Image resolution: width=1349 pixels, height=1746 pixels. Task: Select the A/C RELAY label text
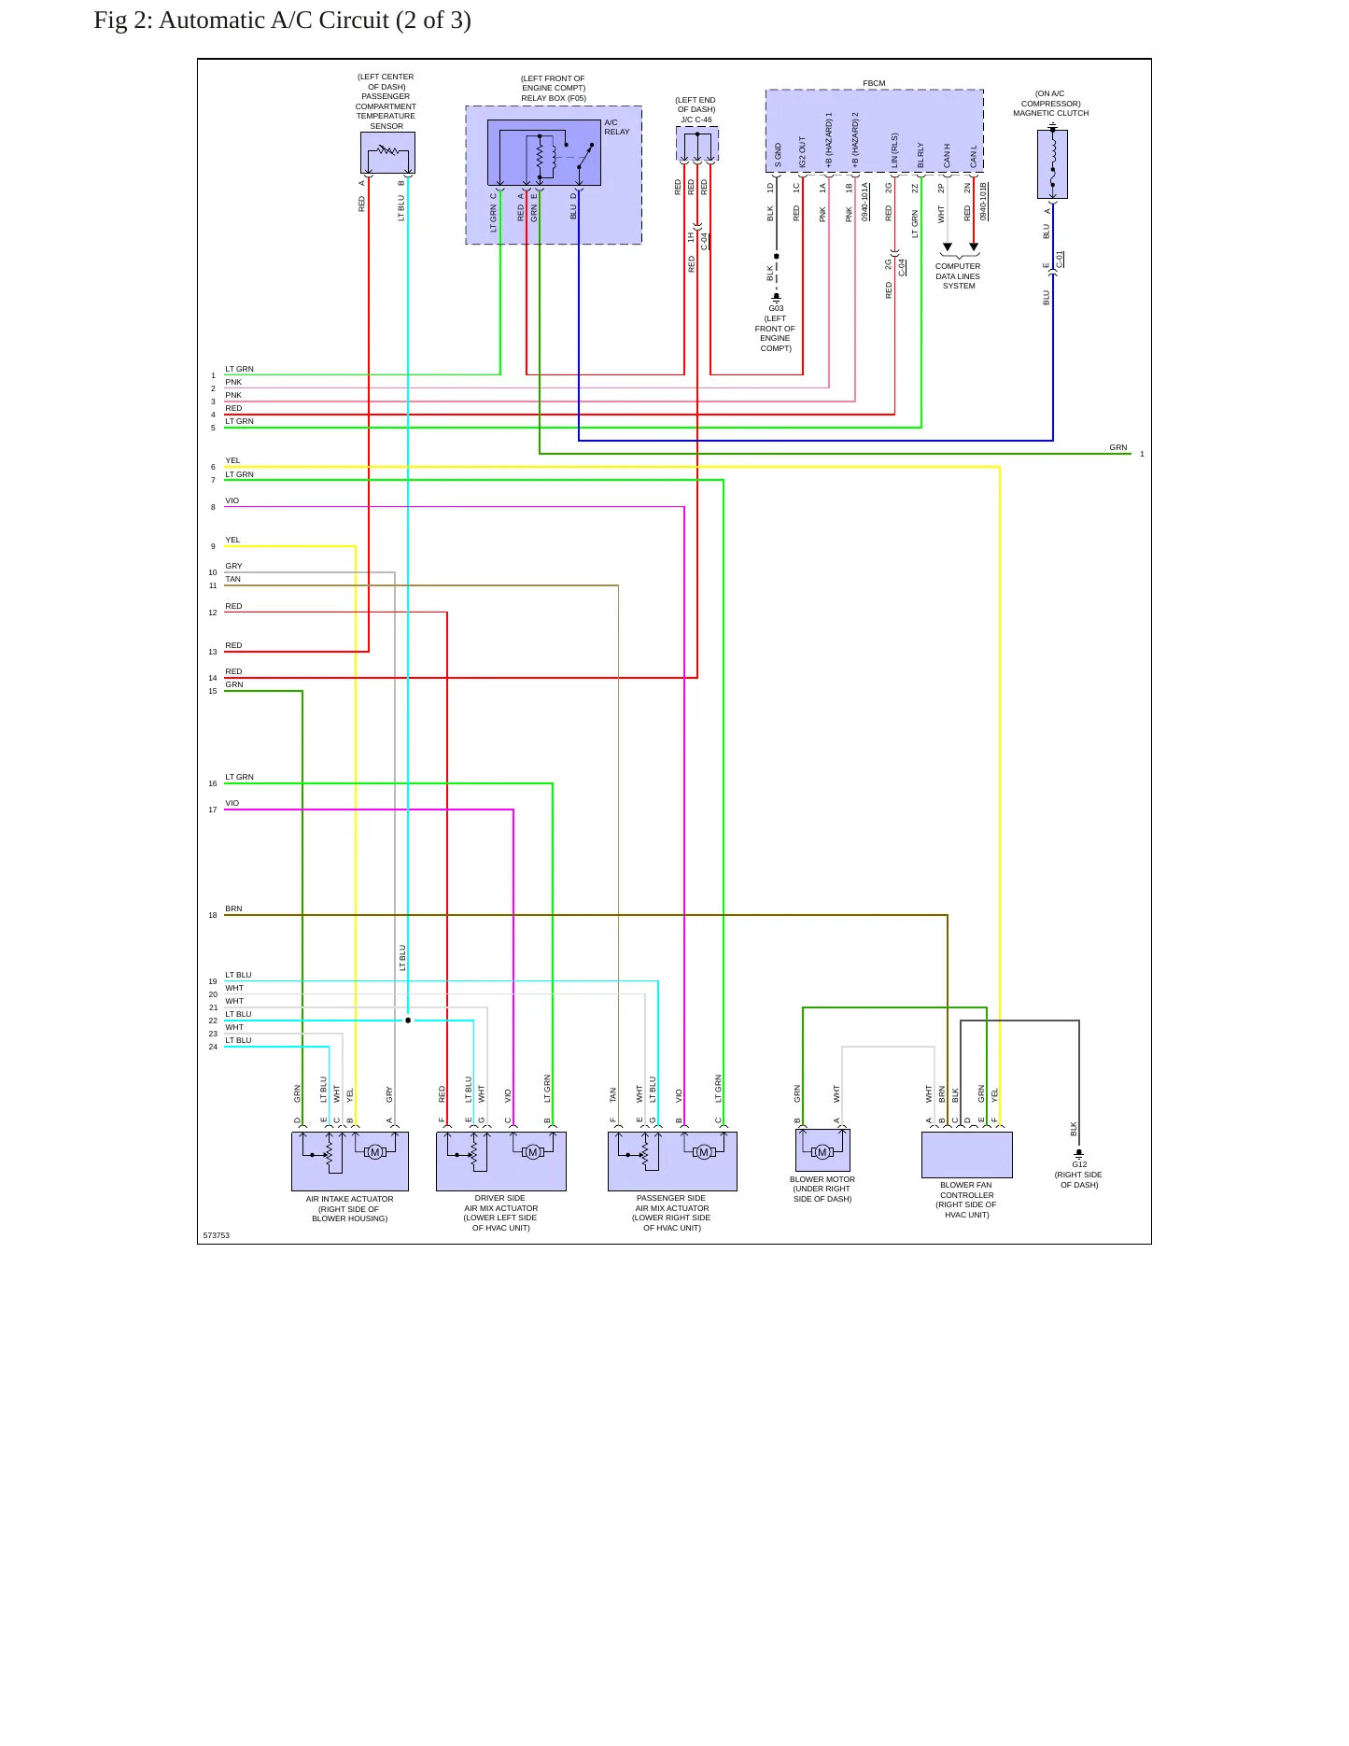[x=616, y=127]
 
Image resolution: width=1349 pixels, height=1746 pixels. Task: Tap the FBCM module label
[x=874, y=84]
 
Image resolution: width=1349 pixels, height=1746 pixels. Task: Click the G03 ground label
[x=776, y=308]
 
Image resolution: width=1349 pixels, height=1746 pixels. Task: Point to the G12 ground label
[x=1079, y=1164]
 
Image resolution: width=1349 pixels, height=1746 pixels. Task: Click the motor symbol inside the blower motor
[x=822, y=1152]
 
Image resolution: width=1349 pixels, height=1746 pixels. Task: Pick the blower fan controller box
[x=967, y=1155]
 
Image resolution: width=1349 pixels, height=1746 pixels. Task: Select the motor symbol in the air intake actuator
[x=375, y=1152]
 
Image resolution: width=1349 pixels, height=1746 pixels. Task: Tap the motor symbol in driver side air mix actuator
[x=533, y=1152]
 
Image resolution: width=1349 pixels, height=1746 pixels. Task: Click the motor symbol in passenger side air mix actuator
[x=704, y=1152]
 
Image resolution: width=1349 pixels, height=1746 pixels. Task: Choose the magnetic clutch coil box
[x=1052, y=163]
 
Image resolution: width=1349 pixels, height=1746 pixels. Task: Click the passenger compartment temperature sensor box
[x=387, y=152]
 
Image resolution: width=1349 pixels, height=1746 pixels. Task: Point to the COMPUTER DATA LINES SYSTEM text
[x=958, y=276]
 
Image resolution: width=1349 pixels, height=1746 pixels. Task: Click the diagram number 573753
[x=217, y=1235]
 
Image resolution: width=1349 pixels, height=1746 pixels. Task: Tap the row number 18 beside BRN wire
[x=213, y=915]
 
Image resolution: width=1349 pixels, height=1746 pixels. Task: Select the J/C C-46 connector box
[x=697, y=144]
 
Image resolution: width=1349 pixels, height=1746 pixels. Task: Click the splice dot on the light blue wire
[x=408, y=1021]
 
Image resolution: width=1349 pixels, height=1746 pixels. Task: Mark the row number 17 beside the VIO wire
[x=213, y=810]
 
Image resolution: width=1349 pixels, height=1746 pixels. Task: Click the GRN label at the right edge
[x=1118, y=447]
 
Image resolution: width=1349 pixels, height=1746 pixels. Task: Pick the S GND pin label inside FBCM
[x=778, y=155]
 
